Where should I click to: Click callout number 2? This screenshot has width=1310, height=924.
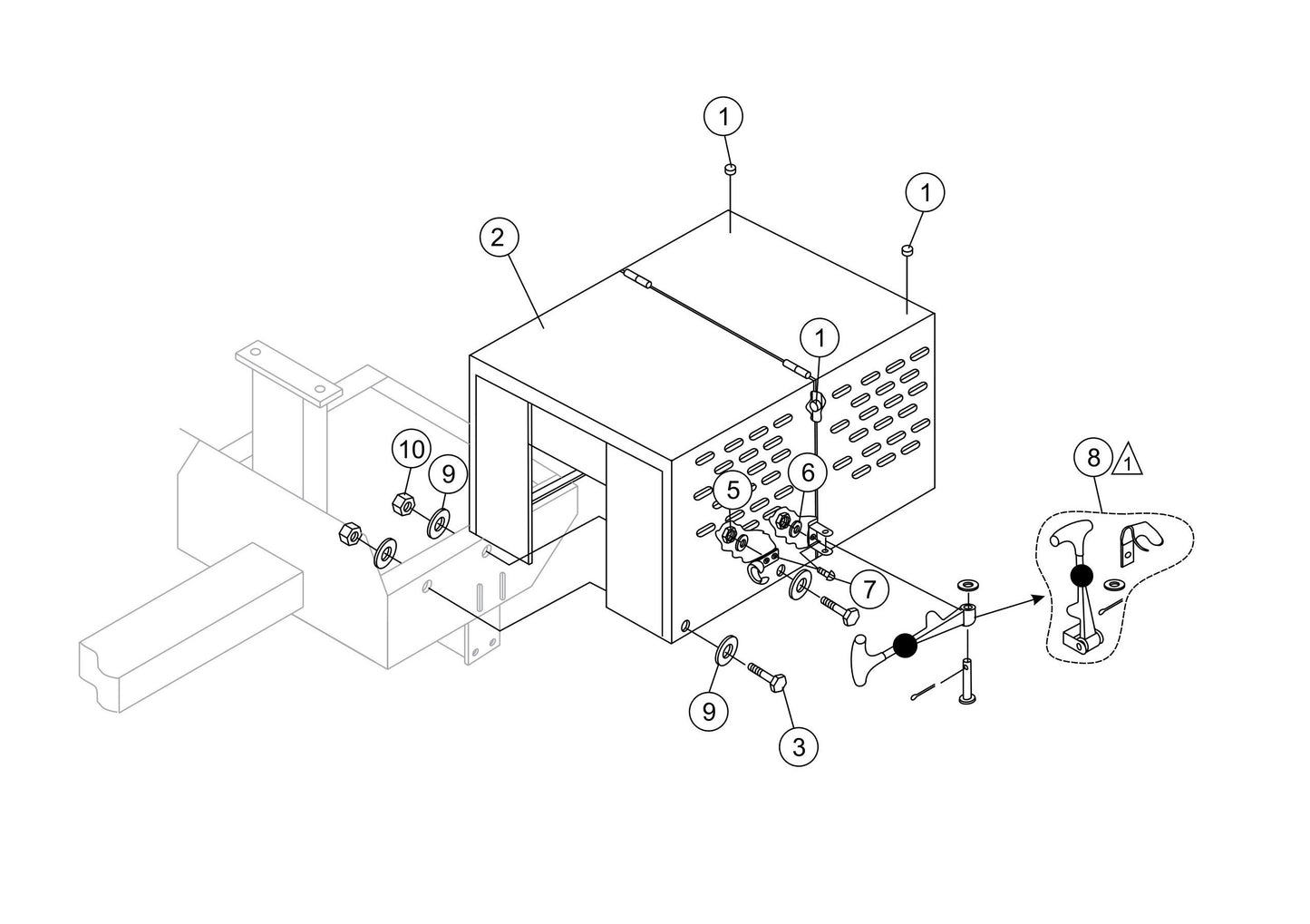coord(498,238)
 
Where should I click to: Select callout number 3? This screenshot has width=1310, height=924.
coord(799,747)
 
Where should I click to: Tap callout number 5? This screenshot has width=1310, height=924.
coord(733,490)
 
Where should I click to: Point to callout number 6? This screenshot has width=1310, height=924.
coord(808,472)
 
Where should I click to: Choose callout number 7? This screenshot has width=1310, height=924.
coord(869,589)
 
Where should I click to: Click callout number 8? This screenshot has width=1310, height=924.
coord(1093,457)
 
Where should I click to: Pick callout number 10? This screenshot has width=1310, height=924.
coord(412,451)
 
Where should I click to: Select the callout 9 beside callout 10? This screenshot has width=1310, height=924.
coord(448,474)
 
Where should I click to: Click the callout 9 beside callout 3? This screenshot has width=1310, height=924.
coord(709,712)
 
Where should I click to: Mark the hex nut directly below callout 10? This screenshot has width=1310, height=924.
coord(403,503)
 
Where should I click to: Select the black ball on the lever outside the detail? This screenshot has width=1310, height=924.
coord(906,645)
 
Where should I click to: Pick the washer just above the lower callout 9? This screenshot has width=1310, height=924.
coord(727,648)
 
